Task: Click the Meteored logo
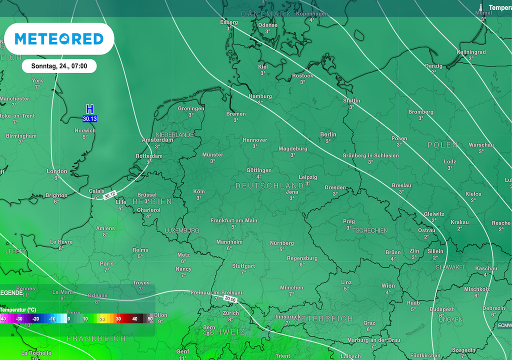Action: click(59, 39)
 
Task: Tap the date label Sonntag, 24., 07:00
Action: click(59, 66)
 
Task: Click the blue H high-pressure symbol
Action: click(90, 109)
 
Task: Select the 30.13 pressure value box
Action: click(90, 119)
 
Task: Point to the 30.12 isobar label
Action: click(110, 195)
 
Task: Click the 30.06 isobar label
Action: click(230, 299)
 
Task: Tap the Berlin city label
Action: click(328, 134)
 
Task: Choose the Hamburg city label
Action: click(260, 96)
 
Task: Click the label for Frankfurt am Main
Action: click(233, 220)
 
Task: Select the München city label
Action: click(291, 287)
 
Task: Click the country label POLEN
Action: click(442, 145)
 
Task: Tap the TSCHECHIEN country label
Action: click(370, 230)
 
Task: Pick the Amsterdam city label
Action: click(157, 140)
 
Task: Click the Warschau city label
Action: click(481, 145)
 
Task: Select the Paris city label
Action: click(106, 263)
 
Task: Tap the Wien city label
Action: click(388, 285)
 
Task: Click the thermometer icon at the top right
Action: click(480, 8)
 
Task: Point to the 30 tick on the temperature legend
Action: click(118, 318)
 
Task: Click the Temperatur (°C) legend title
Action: click(18, 310)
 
